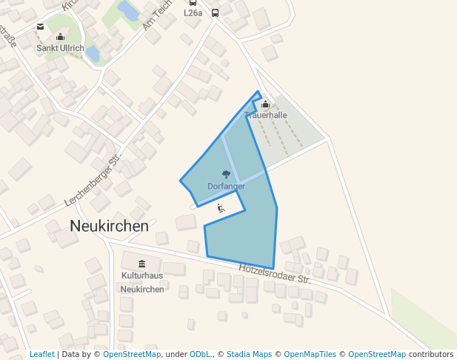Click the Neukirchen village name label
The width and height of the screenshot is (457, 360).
[109, 226]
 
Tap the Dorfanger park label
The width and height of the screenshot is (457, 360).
[226, 186]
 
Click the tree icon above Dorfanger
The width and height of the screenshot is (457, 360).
[226, 176]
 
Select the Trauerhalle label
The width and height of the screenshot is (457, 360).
[266, 116]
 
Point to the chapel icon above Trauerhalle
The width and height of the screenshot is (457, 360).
[265, 104]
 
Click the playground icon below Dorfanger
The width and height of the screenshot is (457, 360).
[221, 208]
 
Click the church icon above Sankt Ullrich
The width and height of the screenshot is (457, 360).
[60, 37]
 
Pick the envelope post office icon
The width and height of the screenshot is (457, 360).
[40, 27]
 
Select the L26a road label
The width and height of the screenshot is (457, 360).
[193, 13]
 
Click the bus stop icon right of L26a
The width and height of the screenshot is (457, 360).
[215, 13]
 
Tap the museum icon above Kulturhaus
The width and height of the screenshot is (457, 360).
[141, 264]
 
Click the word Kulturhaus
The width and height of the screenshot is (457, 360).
[141, 276]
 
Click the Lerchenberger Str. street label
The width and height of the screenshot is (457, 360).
[93, 182]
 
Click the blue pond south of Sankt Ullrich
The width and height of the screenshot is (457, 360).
[93, 54]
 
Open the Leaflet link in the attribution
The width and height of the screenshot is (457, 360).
[41, 354]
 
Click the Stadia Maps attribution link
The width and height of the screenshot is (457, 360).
[249, 354]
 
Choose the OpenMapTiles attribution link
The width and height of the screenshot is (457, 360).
[310, 354]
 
